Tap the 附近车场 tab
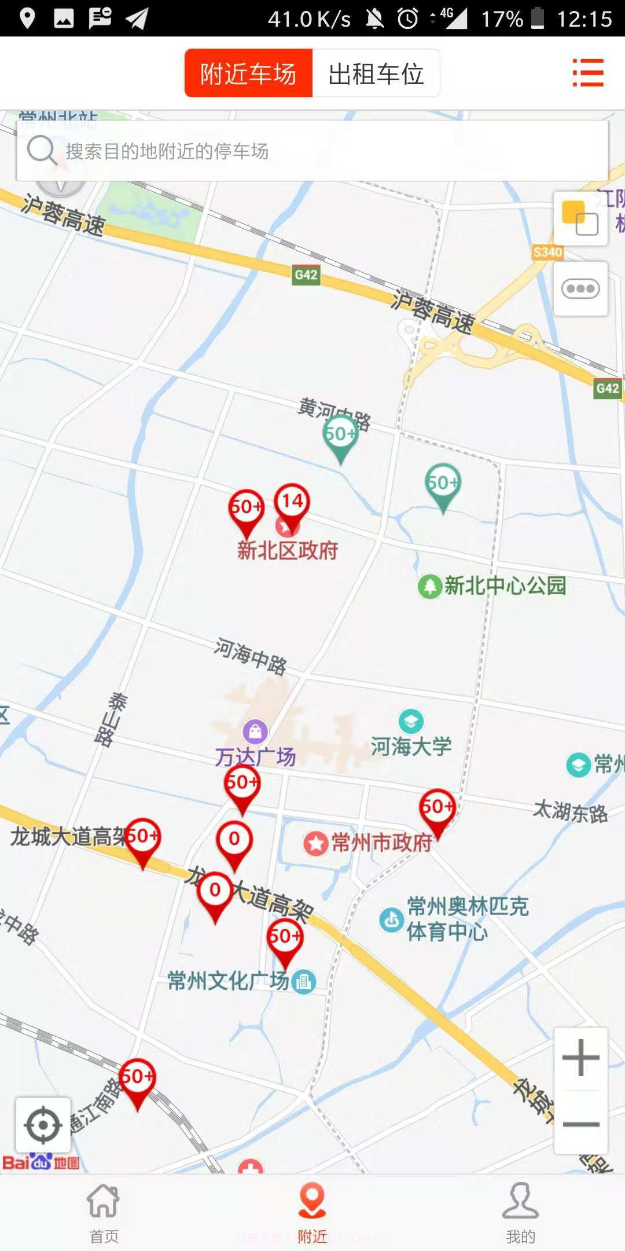[248, 74]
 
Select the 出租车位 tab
[376, 74]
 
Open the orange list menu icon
[588, 73]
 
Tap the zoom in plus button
[580, 1058]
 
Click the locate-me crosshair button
[43, 1126]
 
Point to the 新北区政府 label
[288, 550]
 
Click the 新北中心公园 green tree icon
[430, 586]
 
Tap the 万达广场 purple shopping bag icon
[255, 731]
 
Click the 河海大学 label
[411, 746]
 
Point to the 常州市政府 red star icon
[316, 843]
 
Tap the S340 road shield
[547, 252]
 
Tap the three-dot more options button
[580, 288]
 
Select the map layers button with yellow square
[580, 219]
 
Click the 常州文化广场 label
[228, 981]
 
